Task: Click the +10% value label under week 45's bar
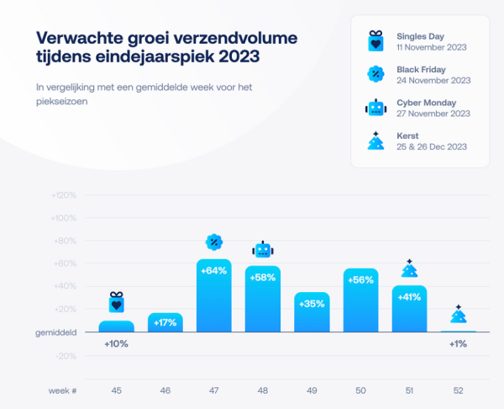[116, 343]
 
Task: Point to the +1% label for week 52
[458, 343]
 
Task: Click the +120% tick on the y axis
[64, 195]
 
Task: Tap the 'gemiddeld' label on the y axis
[57, 332]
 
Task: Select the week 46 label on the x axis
[165, 390]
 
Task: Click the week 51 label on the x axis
[409, 390]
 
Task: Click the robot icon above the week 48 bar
[263, 249]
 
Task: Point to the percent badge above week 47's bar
[214, 242]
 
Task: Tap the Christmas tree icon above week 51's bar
[409, 268]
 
